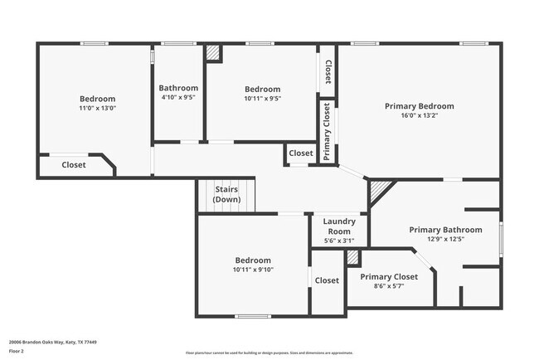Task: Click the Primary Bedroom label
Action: [419, 106]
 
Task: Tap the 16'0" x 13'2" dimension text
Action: [419, 116]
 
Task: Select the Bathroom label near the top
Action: [178, 88]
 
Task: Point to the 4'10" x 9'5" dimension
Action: [178, 97]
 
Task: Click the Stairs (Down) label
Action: [226, 195]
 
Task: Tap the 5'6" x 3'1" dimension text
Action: [339, 241]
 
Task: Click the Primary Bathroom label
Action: [445, 230]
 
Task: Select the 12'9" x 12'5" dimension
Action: [445, 240]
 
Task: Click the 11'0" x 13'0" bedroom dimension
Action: [97, 108]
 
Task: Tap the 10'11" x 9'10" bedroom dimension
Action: [253, 270]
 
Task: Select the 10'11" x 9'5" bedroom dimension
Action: [262, 99]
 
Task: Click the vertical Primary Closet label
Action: [327, 131]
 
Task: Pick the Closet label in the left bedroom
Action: [74, 165]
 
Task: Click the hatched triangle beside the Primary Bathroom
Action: [379, 192]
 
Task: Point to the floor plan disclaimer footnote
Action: [269, 353]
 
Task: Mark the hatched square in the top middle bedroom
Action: [213, 52]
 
